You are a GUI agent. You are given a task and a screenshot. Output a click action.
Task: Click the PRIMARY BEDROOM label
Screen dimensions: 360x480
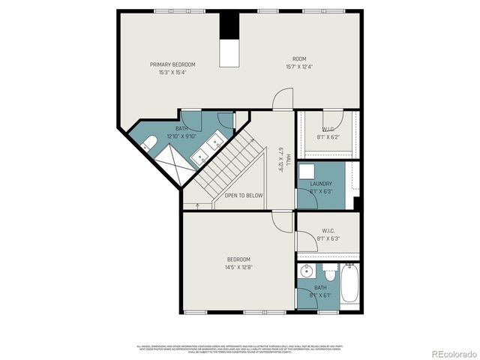(172, 65)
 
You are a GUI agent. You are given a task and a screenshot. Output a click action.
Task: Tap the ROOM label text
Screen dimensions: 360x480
(299, 58)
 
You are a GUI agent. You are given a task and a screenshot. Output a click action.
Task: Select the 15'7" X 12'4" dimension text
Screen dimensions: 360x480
(299, 66)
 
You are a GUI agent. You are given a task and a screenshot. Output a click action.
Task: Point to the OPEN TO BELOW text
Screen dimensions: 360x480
(244, 195)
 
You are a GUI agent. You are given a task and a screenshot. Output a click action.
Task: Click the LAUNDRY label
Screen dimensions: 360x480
(321, 184)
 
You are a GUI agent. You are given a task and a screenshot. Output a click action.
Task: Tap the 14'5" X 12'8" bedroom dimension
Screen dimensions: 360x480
(239, 267)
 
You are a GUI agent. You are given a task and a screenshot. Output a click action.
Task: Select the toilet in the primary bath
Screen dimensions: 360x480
(148, 142)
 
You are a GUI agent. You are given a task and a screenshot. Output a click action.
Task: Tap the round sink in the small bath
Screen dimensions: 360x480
(304, 272)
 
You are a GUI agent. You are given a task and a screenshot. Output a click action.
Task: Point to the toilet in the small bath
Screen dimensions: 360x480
(328, 271)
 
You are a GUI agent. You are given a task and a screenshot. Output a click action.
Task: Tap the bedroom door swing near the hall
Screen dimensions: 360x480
(282, 222)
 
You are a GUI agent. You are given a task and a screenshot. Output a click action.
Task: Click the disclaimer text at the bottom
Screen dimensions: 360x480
(239, 349)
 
